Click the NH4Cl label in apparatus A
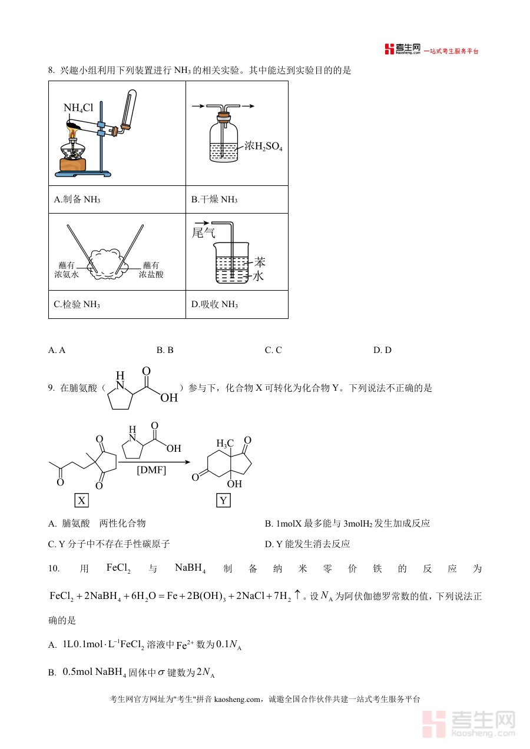point(78,108)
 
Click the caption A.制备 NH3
point(77,199)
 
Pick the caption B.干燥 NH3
point(214,199)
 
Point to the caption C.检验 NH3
point(77,304)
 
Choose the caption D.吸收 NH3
point(215,304)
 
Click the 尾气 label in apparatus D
point(203,233)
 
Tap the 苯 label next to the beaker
point(260,262)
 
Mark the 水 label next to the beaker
point(258,276)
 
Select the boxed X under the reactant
point(81,501)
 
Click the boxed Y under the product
point(224,501)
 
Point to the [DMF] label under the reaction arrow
point(151,470)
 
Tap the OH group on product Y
point(234,484)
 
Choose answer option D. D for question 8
point(382,350)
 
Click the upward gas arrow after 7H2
point(297,595)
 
